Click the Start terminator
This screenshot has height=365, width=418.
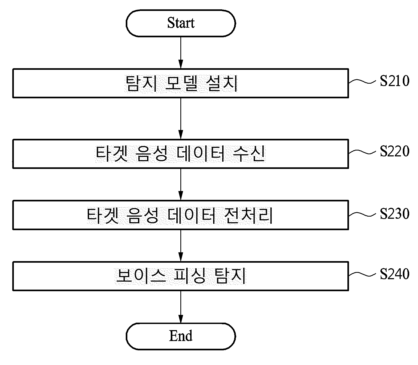(x=181, y=23)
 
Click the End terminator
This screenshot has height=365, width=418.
(x=181, y=336)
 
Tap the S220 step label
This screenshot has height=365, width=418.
(x=395, y=151)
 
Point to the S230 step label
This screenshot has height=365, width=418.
(x=395, y=214)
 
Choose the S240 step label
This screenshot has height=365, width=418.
(x=395, y=274)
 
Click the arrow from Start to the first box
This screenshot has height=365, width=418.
(x=181, y=53)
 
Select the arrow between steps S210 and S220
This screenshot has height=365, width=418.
(x=181, y=118)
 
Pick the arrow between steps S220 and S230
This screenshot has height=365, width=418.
(x=181, y=184)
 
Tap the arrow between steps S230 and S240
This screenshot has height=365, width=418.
(x=181, y=245)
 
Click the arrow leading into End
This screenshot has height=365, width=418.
(x=181, y=307)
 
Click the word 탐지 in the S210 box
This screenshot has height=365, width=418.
(x=140, y=83)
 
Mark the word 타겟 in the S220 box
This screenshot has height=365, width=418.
(x=111, y=154)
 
